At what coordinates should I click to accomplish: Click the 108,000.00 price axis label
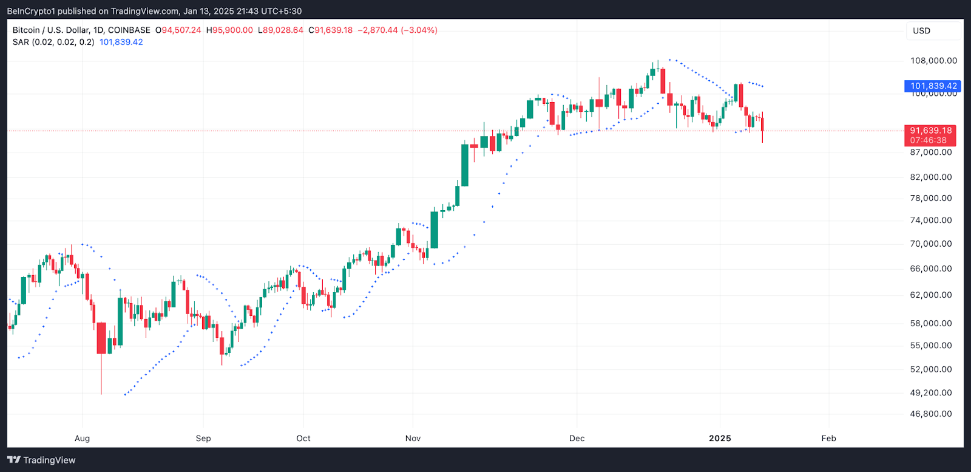pos(933,61)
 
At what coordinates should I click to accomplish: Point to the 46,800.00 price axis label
pos(931,414)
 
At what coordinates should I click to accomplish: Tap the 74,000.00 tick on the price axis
pos(931,221)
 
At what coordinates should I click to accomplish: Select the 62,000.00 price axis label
pos(931,295)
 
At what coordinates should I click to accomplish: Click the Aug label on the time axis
pos(82,439)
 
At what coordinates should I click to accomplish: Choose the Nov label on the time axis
pos(413,439)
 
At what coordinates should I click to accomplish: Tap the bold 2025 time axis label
pos(720,439)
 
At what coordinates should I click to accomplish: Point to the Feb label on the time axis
pos(828,439)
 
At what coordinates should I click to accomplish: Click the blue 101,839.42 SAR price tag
pos(933,86)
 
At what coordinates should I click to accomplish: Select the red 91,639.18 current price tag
pos(930,131)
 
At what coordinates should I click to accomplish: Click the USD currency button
pos(921,31)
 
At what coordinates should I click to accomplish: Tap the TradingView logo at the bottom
pos(41,460)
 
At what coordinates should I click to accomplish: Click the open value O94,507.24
pos(178,30)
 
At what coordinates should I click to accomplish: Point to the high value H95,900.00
pos(229,30)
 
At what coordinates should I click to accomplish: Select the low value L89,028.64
pos(280,30)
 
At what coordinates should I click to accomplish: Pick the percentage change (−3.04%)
pos(419,30)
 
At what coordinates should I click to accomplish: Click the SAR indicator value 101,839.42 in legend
pos(121,43)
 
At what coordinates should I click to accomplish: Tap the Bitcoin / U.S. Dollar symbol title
pos(50,30)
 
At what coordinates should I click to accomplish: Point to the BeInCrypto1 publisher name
pos(31,11)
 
